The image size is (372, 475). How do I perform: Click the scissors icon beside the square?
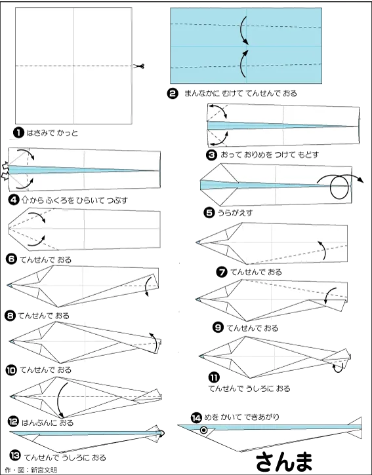coord(139,66)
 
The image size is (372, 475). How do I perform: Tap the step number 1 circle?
coord(18,133)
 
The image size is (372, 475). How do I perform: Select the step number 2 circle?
coord(173,93)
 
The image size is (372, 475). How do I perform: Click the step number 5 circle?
coord(209,213)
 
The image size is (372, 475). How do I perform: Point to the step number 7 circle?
coord(222,272)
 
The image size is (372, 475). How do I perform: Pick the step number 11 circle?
coord(214,377)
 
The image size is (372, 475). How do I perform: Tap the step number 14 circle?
coord(196,418)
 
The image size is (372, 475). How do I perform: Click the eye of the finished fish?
coord(204,430)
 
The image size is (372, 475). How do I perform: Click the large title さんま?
coord(283,462)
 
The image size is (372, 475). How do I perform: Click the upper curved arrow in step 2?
coord(243,30)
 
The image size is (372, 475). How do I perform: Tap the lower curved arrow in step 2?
coord(243,64)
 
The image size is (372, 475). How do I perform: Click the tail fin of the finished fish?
coord(355,428)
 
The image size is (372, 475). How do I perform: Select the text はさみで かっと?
coord(52,133)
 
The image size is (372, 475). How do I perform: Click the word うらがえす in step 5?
coord(235,213)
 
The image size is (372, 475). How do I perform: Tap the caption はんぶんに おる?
coord(47,423)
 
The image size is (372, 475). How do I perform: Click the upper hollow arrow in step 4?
coord(5,166)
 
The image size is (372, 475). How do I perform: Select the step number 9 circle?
coord(218,328)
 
